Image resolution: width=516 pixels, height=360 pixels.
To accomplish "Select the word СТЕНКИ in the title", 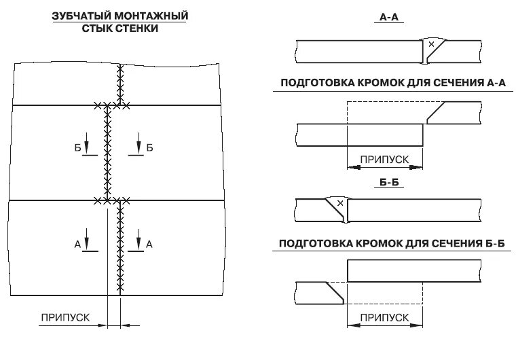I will (139, 29).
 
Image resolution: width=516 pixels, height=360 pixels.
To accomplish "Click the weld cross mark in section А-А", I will (430, 45).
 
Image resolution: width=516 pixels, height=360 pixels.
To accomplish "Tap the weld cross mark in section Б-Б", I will (340, 203).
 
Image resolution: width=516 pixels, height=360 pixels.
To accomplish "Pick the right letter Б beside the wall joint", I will (149, 147).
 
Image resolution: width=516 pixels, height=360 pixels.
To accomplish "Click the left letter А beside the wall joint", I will (77, 243).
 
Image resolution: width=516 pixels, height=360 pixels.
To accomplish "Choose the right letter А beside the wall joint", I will (149, 243).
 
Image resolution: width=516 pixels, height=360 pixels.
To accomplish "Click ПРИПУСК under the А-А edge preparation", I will (384, 159).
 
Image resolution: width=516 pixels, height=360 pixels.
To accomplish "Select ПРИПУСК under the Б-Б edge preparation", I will (384, 317).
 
